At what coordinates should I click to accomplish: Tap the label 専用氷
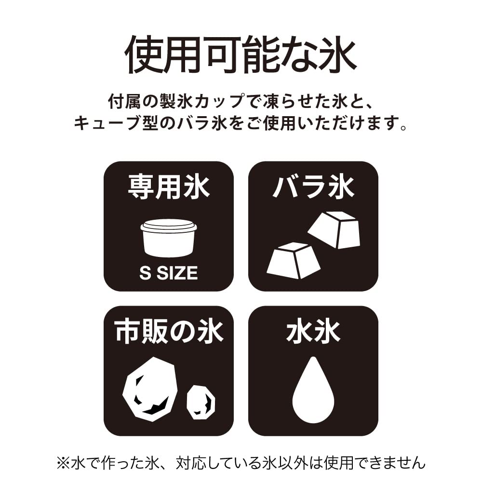coord(168,187)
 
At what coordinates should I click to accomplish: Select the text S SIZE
coord(168,273)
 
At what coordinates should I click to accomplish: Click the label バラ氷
coord(313,187)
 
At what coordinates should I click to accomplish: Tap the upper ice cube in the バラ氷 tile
coord(335,229)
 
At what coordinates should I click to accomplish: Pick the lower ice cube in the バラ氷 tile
coord(293,260)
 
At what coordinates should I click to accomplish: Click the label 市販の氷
coord(168,332)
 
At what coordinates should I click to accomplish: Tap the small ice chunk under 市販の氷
coord(201,402)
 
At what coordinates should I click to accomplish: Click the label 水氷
coord(313,332)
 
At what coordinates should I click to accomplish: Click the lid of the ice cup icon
coord(168,225)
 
